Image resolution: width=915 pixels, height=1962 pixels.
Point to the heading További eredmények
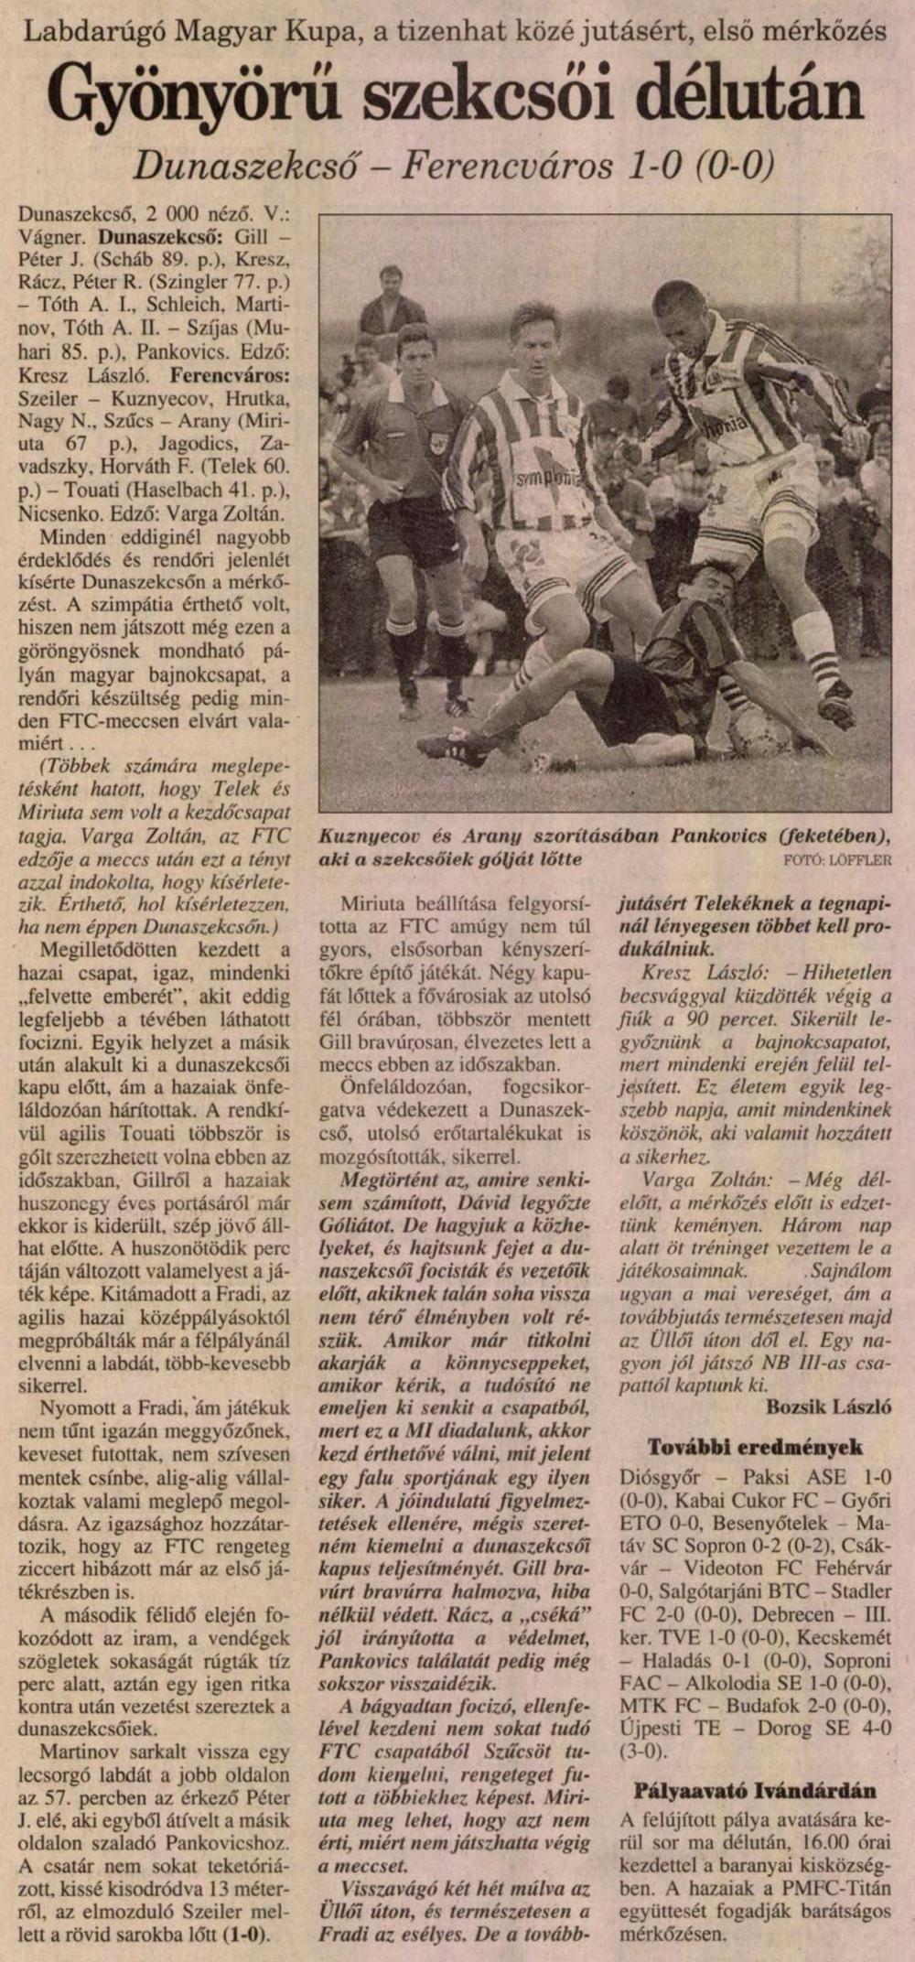(x=755, y=1447)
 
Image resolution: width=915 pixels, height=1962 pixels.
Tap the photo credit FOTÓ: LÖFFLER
(x=837, y=860)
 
